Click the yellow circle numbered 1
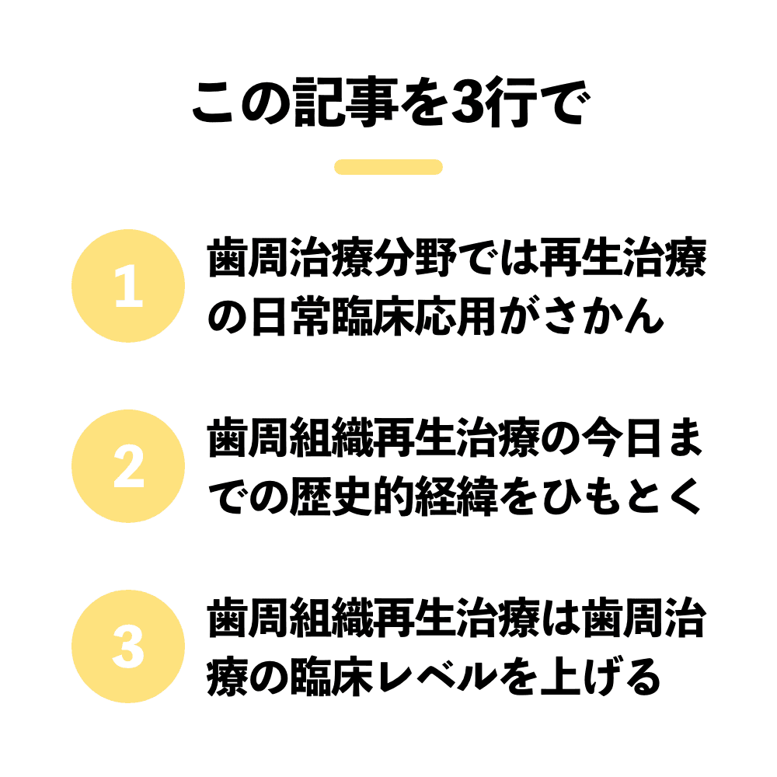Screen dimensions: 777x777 [128, 286]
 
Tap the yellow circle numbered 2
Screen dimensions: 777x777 [128, 466]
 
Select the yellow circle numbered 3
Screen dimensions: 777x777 [128, 646]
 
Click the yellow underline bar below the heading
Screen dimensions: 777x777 [388, 167]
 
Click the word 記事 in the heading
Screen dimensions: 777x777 [347, 103]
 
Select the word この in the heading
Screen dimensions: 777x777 [240, 103]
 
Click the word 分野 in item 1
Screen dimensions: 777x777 [415, 259]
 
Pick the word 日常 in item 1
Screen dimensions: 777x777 [291, 316]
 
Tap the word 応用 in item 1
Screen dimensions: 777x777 [456, 316]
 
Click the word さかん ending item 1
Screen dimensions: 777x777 [603, 316]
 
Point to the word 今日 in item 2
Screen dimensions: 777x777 [622, 439]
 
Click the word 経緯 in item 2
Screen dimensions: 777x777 [456, 497]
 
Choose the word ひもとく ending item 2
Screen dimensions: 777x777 [622, 497]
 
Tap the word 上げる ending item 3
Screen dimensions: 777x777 [601, 677]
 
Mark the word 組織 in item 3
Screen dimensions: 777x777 [332, 619]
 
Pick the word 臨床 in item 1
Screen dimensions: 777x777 [373, 316]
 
